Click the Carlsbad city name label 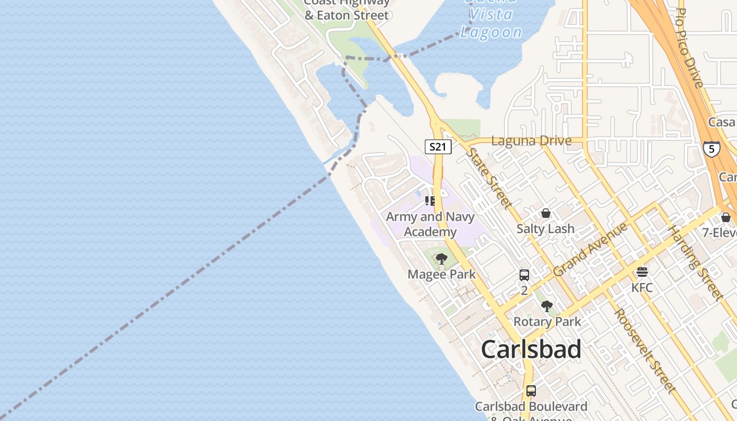(x=531, y=349)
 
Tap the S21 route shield (x=438, y=147)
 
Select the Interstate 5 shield (x=712, y=149)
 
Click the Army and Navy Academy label (x=430, y=224)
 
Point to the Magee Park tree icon (x=442, y=258)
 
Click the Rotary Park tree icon (x=547, y=306)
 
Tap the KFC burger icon (x=642, y=272)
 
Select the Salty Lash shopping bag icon (x=545, y=213)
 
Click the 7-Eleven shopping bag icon (x=726, y=217)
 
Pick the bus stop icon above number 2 (x=524, y=275)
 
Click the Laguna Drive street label (x=531, y=141)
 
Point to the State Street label (x=489, y=178)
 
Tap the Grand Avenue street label (x=591, y=249)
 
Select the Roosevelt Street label (x=644, y=350)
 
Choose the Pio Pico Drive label (x=689, y=47)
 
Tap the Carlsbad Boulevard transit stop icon (x=531, y=391)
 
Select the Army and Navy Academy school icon (x=430, y=201)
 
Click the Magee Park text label (x=442, y=274)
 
